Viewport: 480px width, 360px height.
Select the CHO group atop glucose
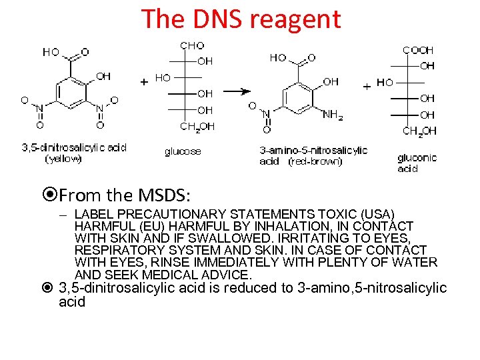point(192,46)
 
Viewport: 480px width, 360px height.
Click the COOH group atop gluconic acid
point(418,50)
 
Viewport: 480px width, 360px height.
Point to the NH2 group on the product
point(333,115)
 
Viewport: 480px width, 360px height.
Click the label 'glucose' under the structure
point(183,151)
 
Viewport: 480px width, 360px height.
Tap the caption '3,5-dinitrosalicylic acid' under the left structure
point(74,147)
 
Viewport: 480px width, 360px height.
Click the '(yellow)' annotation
point(63,159)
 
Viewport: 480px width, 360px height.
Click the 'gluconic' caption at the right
point(417,158)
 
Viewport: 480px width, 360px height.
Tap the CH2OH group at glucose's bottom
point(197,127)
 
